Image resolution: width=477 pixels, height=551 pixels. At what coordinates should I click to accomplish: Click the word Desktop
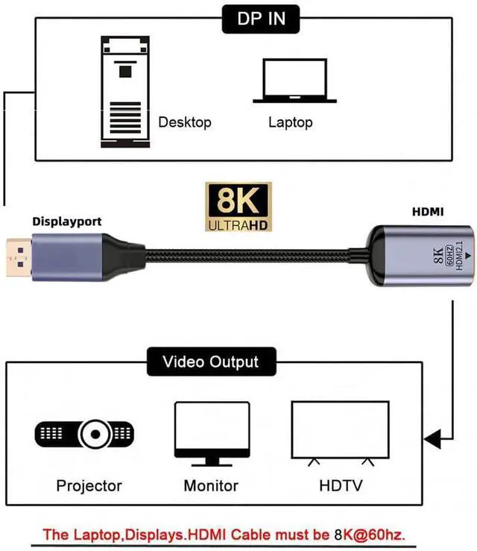pos(185,122)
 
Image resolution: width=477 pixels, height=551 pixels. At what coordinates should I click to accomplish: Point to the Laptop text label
pos(290,122)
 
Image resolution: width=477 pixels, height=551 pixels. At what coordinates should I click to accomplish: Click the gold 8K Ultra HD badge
pos(238,207)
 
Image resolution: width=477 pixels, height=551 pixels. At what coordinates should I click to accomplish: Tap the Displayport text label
pos(66,221)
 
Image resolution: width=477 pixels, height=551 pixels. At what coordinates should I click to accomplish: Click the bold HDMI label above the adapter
pos(428,212)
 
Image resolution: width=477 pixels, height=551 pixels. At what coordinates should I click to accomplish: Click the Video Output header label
pos(211,362)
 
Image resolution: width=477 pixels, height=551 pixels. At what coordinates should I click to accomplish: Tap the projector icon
pos(85,432)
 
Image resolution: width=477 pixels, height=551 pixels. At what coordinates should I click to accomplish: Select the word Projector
pos(89,486)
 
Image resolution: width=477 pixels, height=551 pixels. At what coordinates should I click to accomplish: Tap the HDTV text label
pos(341,486)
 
